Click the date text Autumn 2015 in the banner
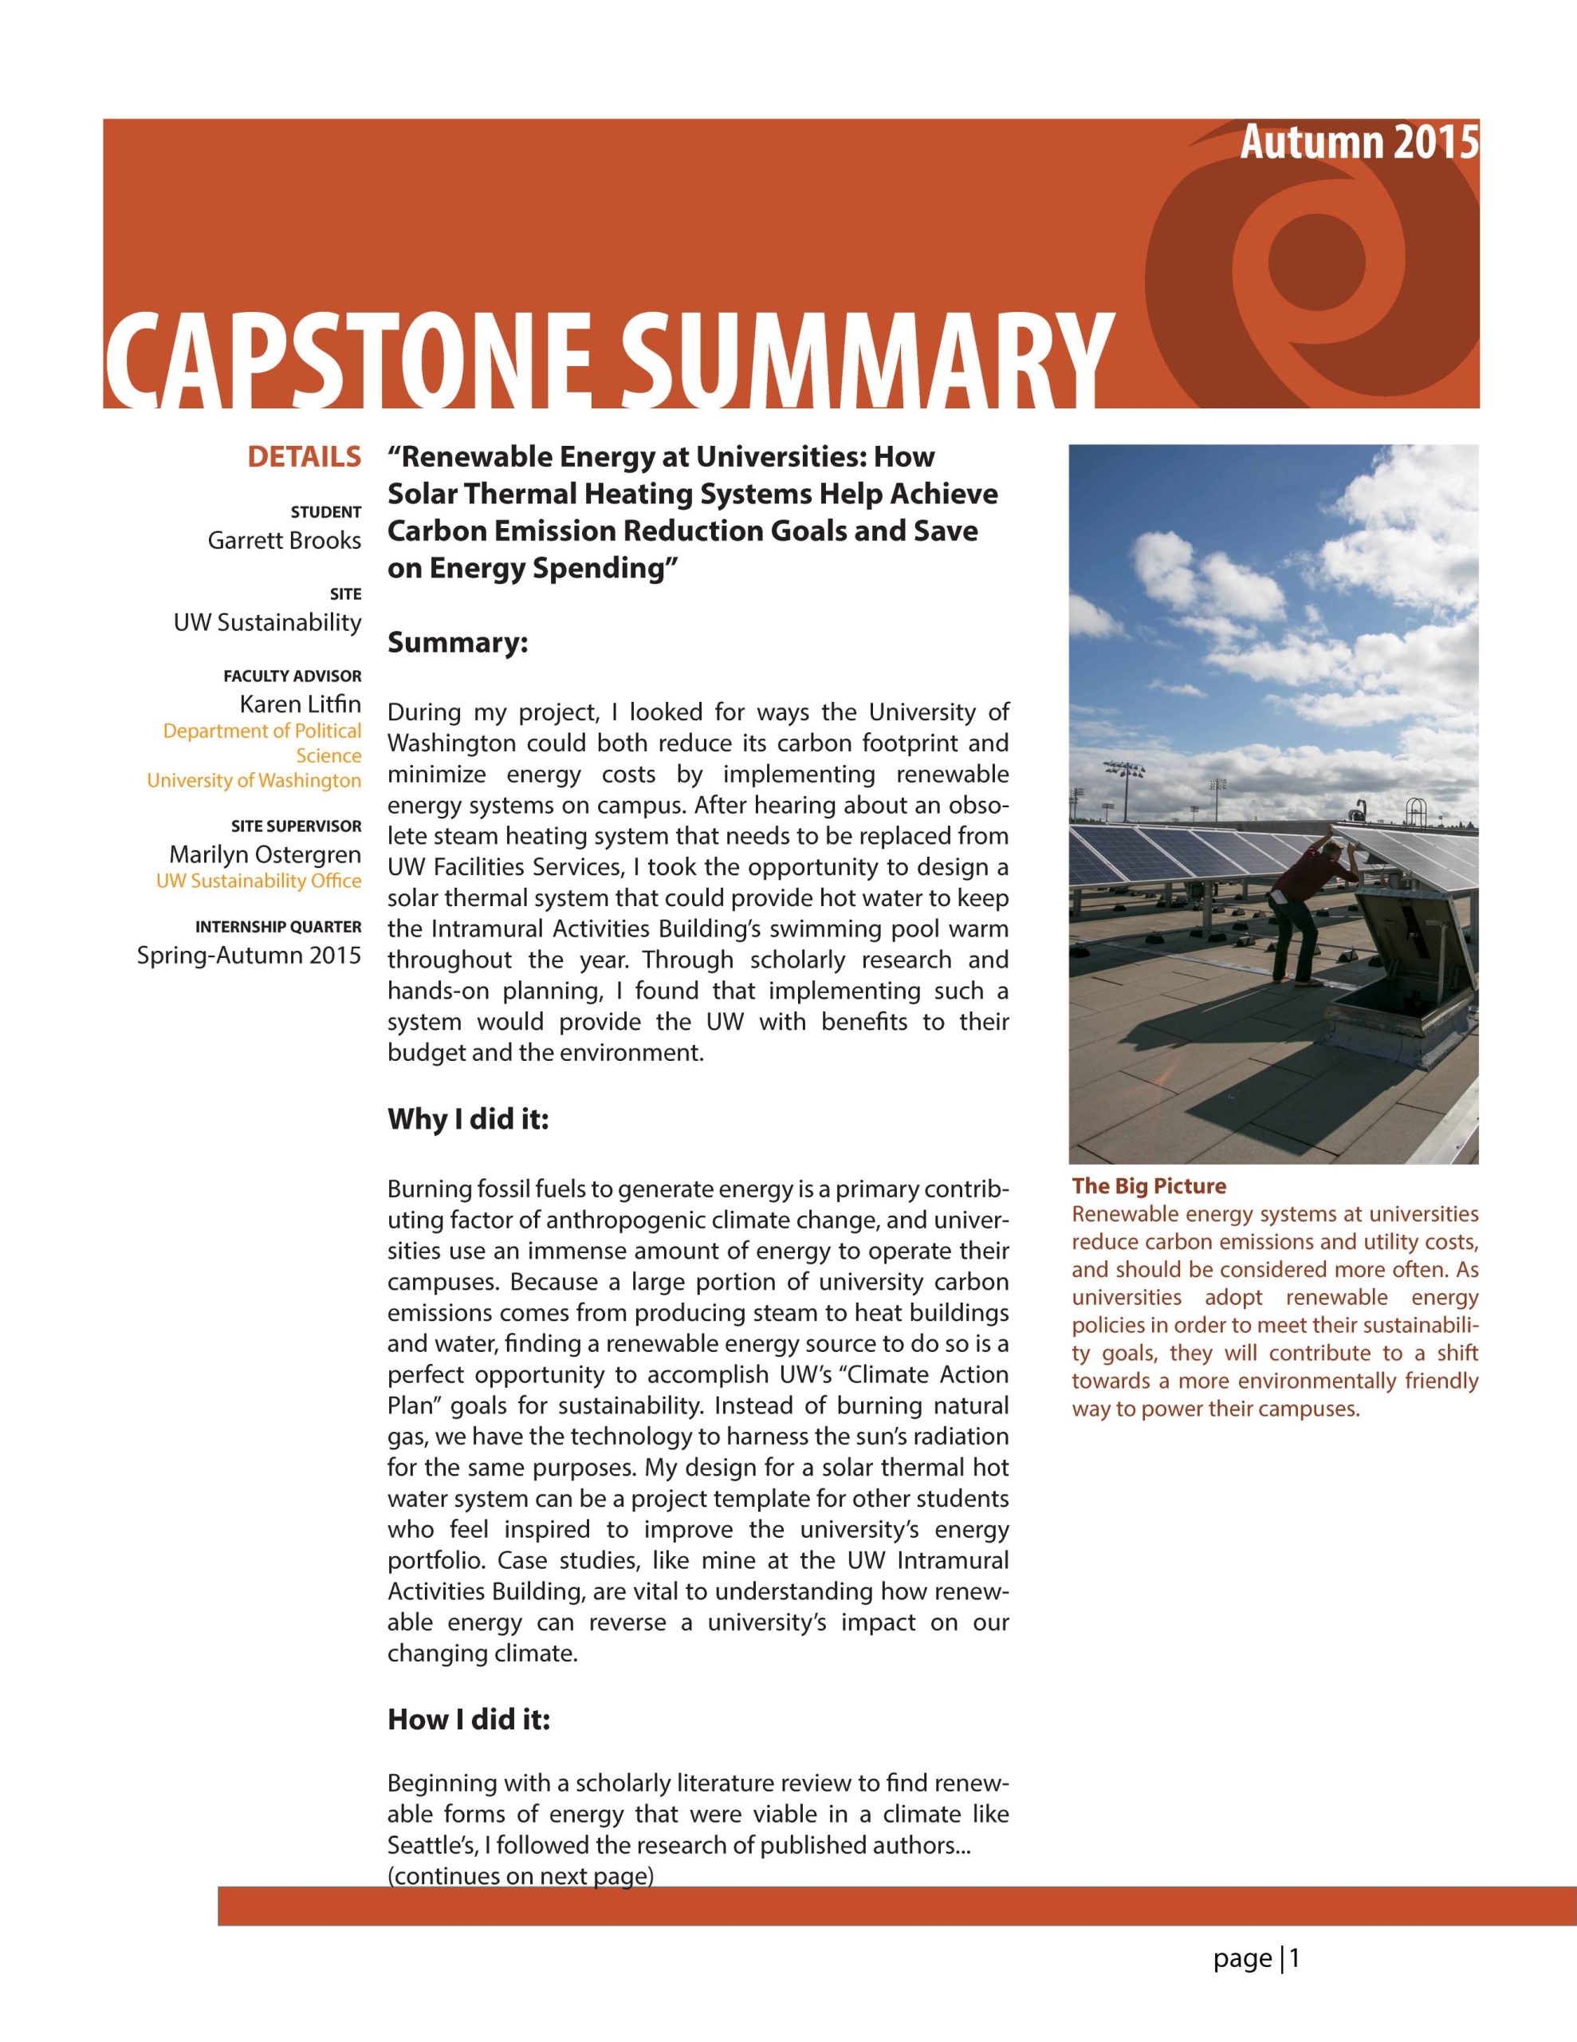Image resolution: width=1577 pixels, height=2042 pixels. click(1359, 143)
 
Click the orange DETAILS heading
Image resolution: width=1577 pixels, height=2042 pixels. click(304, 457)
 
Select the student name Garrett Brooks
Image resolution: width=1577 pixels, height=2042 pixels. click(284, 541)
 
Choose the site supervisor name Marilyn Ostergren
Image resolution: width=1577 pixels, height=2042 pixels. click(265, 854)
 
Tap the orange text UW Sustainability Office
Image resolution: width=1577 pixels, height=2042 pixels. click(258, 881)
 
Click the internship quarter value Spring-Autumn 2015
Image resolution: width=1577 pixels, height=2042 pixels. click(249, 955)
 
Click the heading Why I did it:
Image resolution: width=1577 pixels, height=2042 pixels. click(467, 1119)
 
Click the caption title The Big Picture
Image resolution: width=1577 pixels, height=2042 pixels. click(1149, 1186)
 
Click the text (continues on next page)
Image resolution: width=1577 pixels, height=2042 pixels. click(520, 1877)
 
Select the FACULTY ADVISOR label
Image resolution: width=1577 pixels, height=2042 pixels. click(292, 676)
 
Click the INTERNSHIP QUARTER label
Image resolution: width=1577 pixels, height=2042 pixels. click(277, 927)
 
